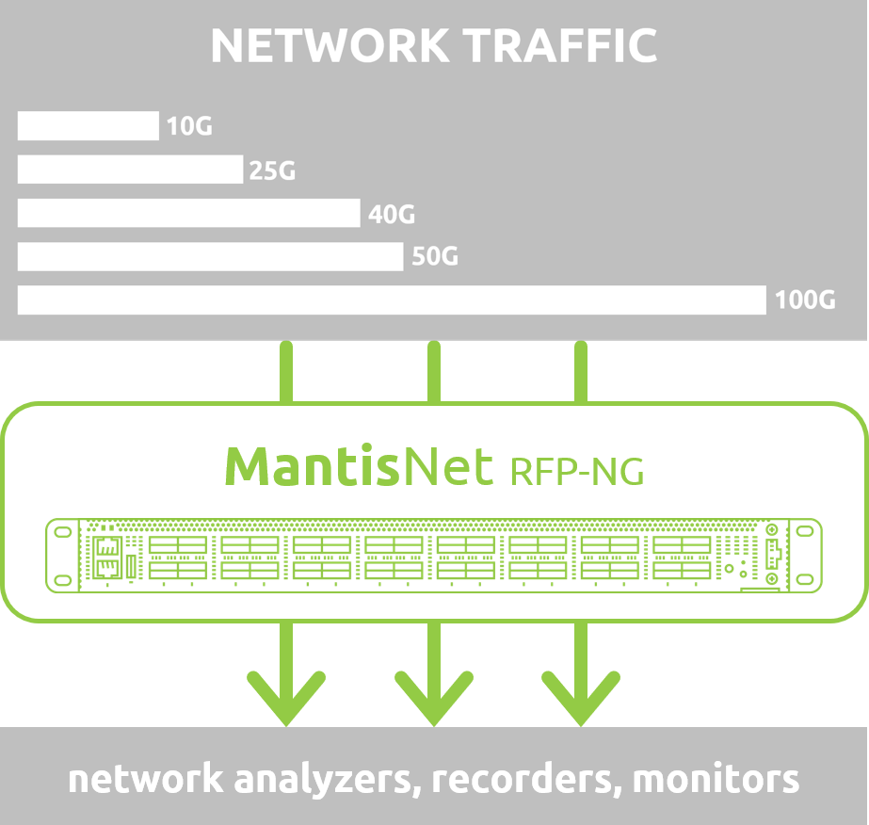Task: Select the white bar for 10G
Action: click(x=88, y=126)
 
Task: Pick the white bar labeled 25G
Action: click(x=130, y=170)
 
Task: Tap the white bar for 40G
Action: click(x=188, y=213)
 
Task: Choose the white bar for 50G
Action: click(x=210, y=256)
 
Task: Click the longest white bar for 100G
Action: click(x=392, y=300)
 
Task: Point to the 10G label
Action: click(x=189, y=126)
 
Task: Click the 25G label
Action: click(x=272, y=170)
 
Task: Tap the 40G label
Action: click(x=392, y=214)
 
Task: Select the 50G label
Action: click(x=435, y=256)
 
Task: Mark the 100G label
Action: click(x=805, y=301)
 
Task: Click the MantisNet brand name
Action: click(x=359, y=466)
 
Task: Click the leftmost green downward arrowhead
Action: click(x=286, y=698)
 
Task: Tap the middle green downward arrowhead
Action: click(x=434, y=698)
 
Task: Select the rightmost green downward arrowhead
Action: click(x=581, y=698)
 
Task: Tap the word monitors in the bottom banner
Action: click(x=716, y=780)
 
